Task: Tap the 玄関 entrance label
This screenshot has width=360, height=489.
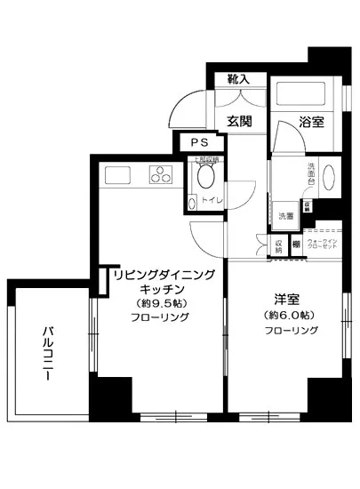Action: (238, 122)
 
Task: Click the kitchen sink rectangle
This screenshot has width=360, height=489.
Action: (118, 175)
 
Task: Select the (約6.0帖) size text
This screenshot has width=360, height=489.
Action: (287, 315)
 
